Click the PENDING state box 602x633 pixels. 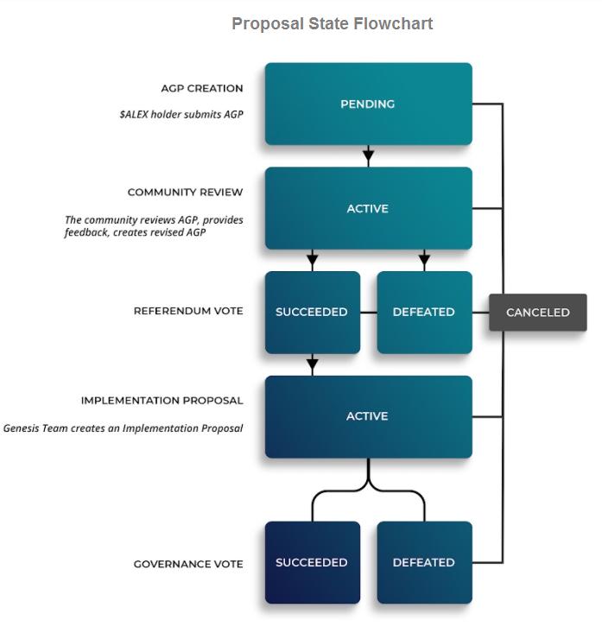point(368,104)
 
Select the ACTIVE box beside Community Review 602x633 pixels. point(368,208)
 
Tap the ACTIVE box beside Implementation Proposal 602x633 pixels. point(368,416)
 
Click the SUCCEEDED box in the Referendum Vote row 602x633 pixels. point(312,312)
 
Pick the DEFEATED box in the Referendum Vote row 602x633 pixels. point(424,312)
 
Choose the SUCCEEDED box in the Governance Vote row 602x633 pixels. point(312,562)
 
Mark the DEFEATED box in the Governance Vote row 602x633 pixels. point(424,562)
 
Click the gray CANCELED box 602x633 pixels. point(537,313)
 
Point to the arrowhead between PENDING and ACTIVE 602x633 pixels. point(368,158)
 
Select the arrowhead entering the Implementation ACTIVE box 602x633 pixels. point(313,367)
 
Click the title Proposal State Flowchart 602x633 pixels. point(332,24)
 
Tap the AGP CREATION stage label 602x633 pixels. point(202,88)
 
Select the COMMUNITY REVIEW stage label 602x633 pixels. point(185,193)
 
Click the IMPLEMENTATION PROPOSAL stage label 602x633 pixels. point(162,401)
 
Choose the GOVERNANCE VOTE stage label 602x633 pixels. point(188,564)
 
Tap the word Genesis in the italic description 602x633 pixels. point(23,427)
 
